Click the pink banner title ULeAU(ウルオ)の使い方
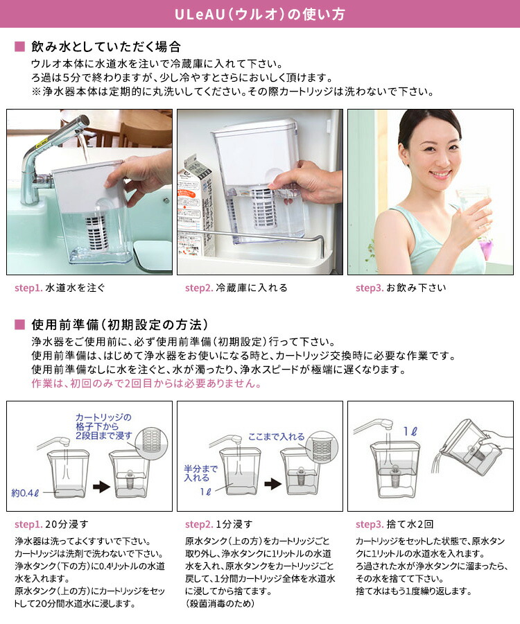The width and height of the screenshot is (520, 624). click(x=259, y=14)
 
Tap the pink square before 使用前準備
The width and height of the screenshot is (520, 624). click(x=19, y=324)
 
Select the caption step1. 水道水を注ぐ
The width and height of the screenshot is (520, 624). click(x=60, y=288)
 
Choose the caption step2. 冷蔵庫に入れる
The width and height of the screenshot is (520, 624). click(x=236, y=288)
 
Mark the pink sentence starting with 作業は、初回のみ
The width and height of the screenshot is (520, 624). click(x=146, y=383)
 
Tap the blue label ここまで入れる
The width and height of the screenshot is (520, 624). click(x=276, y=437)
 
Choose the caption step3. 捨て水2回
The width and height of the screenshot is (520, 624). click(x=395, y=523)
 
